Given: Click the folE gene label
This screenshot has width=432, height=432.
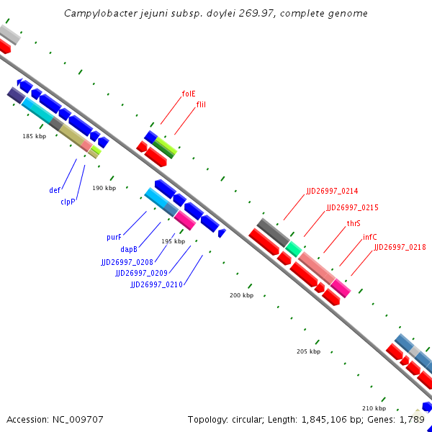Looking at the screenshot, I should pyautogui.click(x=189, y=94).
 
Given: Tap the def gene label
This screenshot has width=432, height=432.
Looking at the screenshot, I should pyautogui.click(x=55, y=191).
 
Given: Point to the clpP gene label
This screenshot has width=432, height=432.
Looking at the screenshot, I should pyautogui.click(x=68, y=202).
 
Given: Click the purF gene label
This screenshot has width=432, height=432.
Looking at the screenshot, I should pyautogui.click(x=114, y=237).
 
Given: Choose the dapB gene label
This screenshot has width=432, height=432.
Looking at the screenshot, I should pyautogui.click(x=130, y=249).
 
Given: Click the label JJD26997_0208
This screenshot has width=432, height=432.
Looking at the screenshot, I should pyautogui.click(x=127, y=262).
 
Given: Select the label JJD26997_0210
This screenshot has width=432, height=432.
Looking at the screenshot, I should pyautogui.click(x=156, y=284).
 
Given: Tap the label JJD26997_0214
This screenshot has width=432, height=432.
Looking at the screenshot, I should pyautogui.click(x=332, y=191).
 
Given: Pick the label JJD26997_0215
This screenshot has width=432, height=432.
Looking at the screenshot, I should pyautogui.click(x=352, y=207).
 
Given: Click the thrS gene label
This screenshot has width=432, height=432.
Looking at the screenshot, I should pyautogui.click(x=354, y=223).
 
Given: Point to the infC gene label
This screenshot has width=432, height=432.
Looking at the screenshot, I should pyautogui.click(x=369, y=237).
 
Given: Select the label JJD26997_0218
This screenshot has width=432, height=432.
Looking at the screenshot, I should pyautogui.click(x=400, y=247).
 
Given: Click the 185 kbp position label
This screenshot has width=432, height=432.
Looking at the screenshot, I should pyautogui.click(x=34, y=136).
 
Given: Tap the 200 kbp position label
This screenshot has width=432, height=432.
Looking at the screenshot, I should pyautogui.click(x=241, y=295).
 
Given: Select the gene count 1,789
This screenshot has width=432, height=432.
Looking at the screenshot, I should pyautogui.click(x=413, y=419).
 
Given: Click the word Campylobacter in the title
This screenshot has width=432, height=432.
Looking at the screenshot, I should pyautogui.click(x=95, y=13).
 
